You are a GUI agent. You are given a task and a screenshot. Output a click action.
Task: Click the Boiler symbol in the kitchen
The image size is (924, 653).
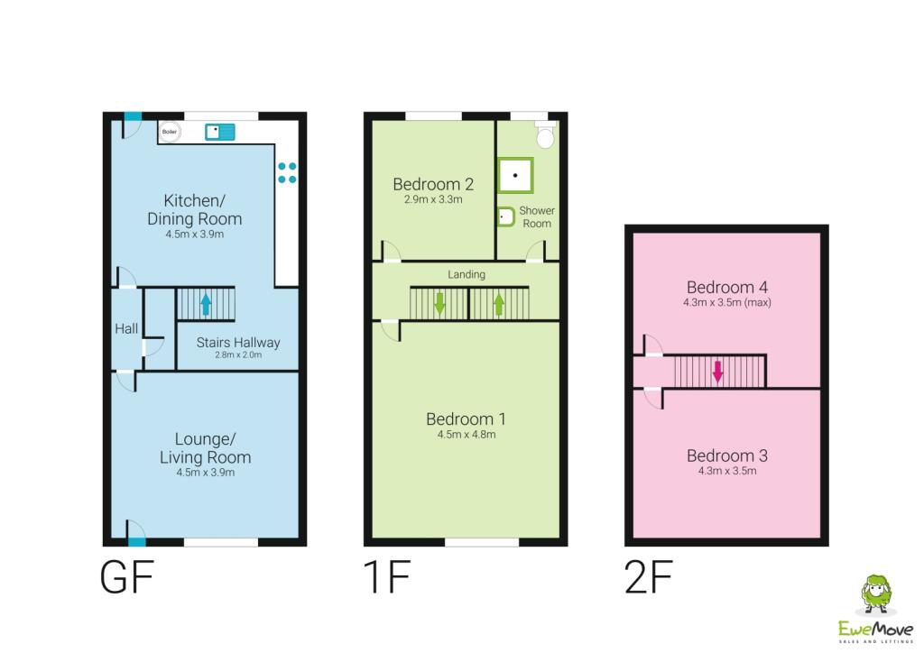click(169, 132)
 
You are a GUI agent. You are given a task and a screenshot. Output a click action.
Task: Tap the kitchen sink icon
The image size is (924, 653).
click(219, 132)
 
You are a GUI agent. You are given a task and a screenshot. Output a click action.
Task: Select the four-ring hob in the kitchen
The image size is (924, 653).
click(287, 172)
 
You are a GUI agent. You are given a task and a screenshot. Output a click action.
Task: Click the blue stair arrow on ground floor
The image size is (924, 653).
click(205, 304)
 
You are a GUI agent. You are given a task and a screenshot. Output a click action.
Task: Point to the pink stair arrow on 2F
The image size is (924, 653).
click(718, 371)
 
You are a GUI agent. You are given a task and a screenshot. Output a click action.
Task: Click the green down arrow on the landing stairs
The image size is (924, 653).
click(439, 302)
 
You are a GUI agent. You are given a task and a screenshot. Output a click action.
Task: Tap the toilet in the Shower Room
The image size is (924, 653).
click(544, 136)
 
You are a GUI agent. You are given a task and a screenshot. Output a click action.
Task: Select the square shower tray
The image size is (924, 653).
click(515, 176)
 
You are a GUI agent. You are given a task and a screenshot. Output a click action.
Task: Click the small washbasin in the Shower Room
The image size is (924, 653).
click(505, 217)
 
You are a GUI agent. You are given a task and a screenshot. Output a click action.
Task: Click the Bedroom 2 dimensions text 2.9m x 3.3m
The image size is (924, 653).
click(433, 199)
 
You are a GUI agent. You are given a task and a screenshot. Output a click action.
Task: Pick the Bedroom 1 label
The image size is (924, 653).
click(466, 418)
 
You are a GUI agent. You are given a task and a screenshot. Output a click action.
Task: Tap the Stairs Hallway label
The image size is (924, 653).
click(238, 343)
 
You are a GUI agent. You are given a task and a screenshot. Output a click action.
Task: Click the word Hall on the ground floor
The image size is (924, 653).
click(126, 328)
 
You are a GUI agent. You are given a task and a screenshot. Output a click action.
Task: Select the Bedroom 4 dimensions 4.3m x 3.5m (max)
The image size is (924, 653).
click(727, 303)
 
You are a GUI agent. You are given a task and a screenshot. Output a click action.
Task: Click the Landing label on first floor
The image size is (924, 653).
click(467, 274)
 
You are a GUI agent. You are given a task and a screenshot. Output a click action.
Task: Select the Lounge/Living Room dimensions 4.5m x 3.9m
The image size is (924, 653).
click(205, 473)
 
